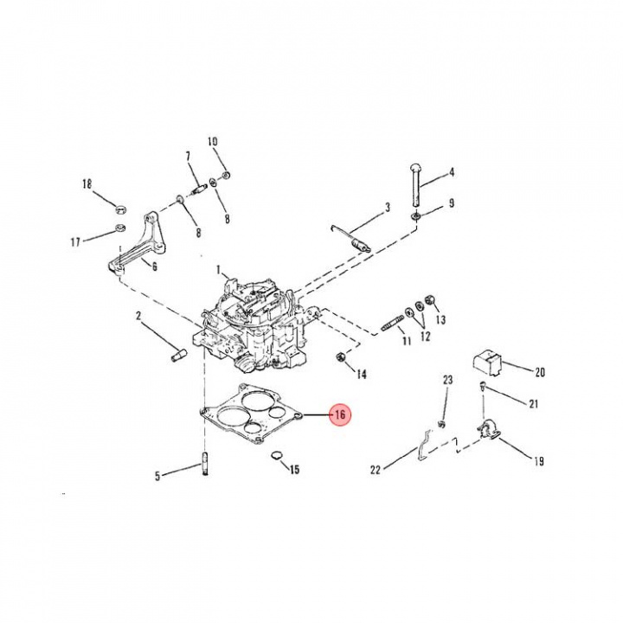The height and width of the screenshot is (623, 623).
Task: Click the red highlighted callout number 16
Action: click(340, 415)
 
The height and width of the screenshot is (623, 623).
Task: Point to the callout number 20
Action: click(539, 373)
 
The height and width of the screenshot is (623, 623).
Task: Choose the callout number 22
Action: click(375, 470)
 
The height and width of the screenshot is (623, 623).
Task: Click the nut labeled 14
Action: click(340, 356)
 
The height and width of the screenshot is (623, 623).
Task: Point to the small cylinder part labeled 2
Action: click(178, 355)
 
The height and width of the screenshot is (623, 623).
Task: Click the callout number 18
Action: click(87, 183)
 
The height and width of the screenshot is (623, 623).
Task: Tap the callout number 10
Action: click(213, 141)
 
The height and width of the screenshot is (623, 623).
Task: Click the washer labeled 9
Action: click(416, 214)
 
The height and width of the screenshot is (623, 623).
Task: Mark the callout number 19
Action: click(538, 461)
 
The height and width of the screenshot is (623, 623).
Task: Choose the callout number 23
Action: click(447, 380)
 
